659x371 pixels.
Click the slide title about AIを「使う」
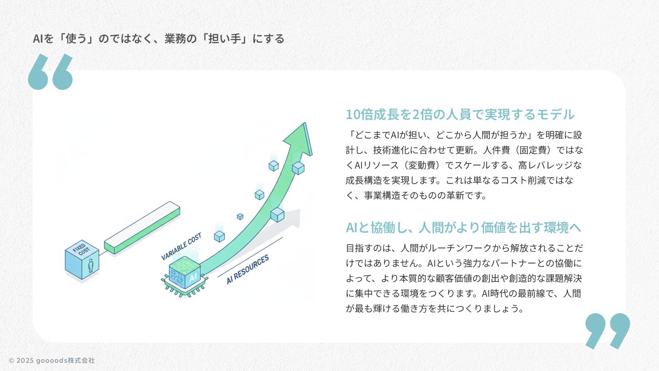[158, 38]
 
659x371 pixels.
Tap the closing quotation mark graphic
[607, 330]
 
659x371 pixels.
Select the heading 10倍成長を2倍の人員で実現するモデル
[460, 114]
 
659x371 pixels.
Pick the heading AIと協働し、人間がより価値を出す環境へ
[463, 227]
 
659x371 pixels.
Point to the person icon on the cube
[91, 266]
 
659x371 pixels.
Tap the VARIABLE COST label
[181, 246]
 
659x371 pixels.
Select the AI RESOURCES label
[248, 269]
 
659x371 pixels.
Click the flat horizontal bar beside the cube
[142, 227]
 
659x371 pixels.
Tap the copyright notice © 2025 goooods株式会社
[52, 360]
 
